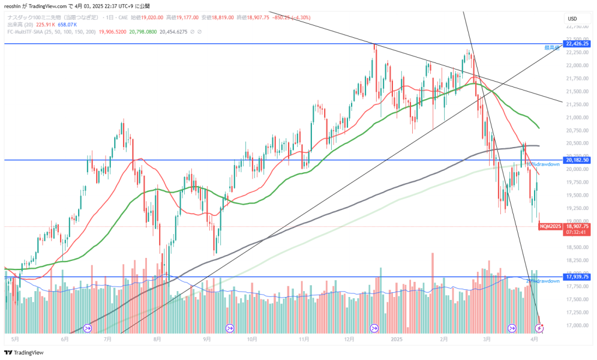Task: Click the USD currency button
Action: click(x=572, y=19)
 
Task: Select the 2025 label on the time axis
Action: click(x=396, y=338)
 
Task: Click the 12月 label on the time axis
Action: click(x=349, y=338)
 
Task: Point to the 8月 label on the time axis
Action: click(x=157, y=338)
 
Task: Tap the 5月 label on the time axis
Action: click(x=15, y=338)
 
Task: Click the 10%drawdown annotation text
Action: click(x=543, y=165)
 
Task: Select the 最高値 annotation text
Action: click(x=552, y=48)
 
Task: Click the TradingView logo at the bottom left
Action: click(x=24, y=352)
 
